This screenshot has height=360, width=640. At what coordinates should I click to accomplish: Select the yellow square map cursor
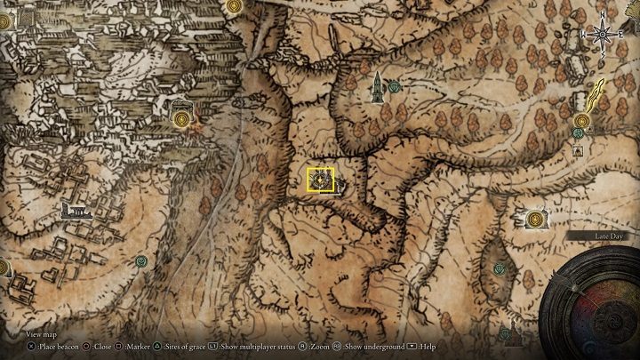(320, 180)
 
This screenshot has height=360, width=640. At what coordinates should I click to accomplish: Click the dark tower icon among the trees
(378, 85)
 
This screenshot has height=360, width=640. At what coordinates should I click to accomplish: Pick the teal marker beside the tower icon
(394, 86)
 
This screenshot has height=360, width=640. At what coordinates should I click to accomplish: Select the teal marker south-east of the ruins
(141, 260)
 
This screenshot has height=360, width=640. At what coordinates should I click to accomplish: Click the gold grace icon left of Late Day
(535, 217)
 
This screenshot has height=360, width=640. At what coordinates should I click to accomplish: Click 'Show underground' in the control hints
(366, 347)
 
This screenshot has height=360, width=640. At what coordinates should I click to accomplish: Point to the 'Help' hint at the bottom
(426, 347)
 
